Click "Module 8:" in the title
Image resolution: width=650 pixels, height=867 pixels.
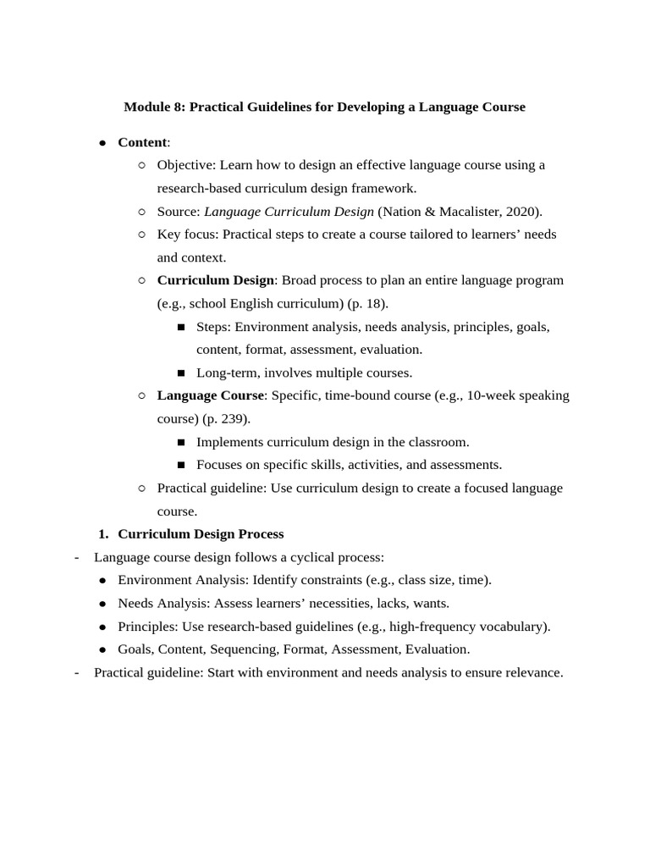154,107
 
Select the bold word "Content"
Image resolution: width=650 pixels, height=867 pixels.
142,142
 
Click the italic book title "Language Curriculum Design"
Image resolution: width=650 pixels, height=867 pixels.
289,212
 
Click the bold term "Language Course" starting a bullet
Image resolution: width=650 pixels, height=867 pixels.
211,395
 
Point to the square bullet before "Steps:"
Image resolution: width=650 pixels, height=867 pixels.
181,327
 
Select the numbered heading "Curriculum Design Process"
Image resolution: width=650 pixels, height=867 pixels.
201,534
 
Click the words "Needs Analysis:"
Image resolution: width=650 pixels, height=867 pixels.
164,604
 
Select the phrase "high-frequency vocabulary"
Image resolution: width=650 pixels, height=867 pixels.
467,627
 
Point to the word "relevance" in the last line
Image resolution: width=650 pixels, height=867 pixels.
532,672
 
